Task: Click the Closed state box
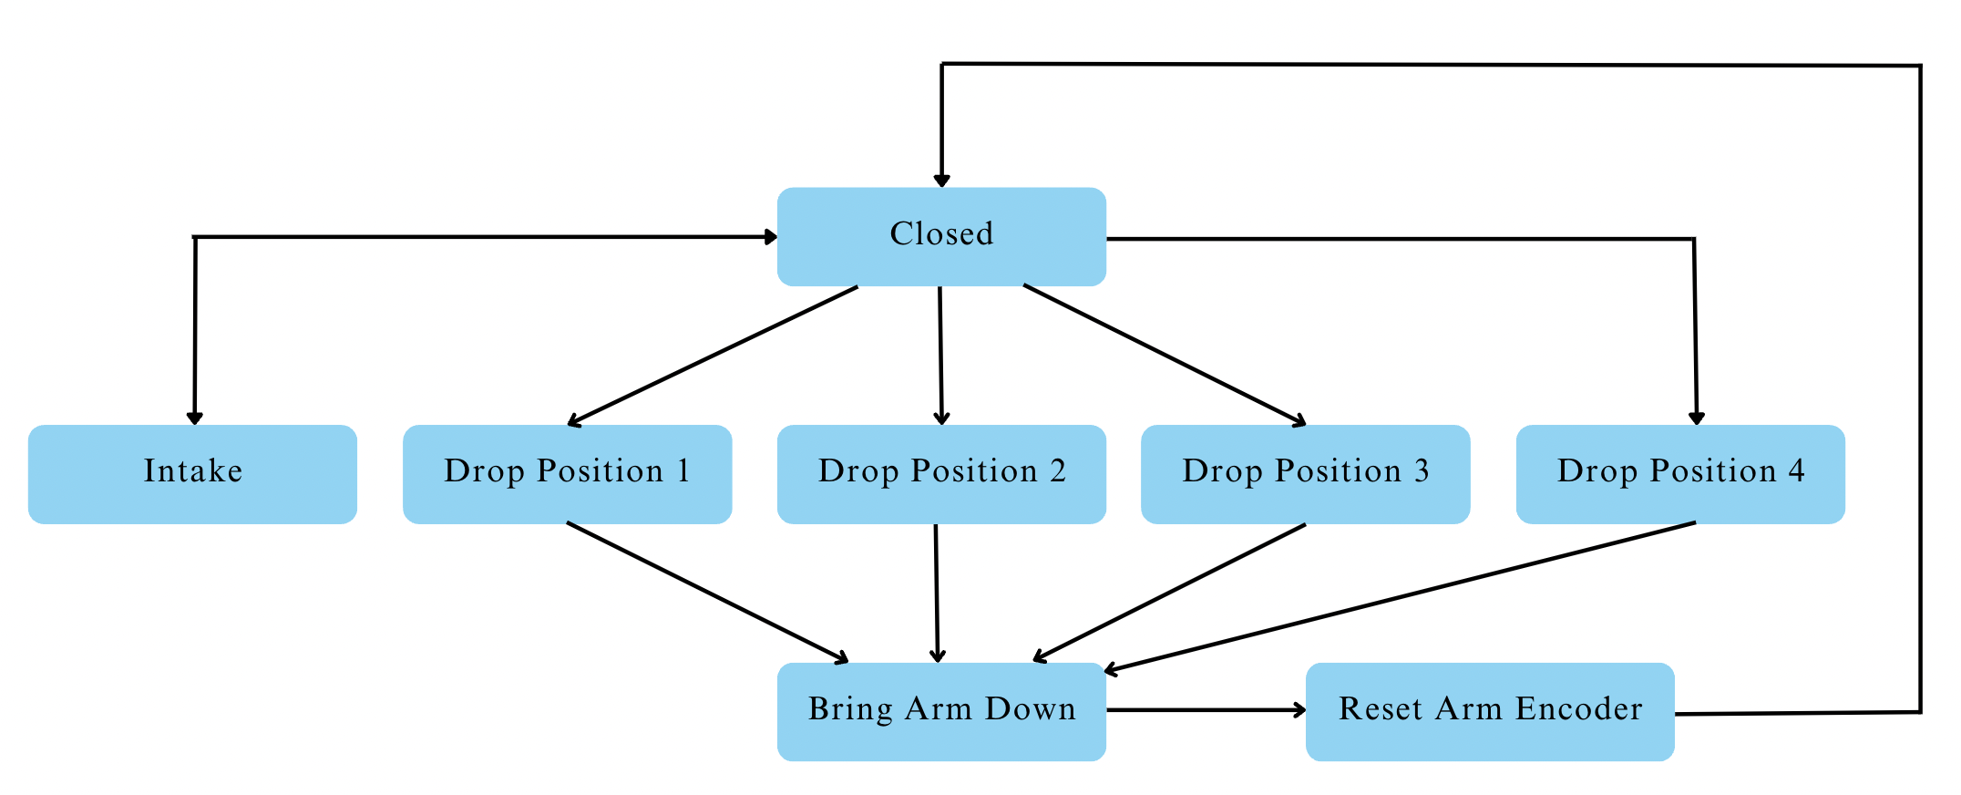(941, 236)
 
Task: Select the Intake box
(192, 474)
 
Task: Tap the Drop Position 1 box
(567, 474)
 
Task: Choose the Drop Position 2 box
(941, 474)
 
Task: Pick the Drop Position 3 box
(1305, 474)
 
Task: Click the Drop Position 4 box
(1680, 474)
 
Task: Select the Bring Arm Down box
(941, 711)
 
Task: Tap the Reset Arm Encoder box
(1490, 711)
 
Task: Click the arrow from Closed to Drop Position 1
(713, 356)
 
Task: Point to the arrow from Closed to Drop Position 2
(940, 356)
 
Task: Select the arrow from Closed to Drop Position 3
(1165, 356)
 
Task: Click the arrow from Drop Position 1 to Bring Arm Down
(707, 592)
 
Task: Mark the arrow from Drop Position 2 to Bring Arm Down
(936, 593)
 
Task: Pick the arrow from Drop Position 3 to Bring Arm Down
(1169, 592)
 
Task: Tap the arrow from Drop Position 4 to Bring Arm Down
(1400, 598)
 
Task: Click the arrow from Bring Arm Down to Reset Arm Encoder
(1206, 709)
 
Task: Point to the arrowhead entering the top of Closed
(941, 180)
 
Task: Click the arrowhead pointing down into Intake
(194, 418)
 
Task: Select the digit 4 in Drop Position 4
(1796, 470)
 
